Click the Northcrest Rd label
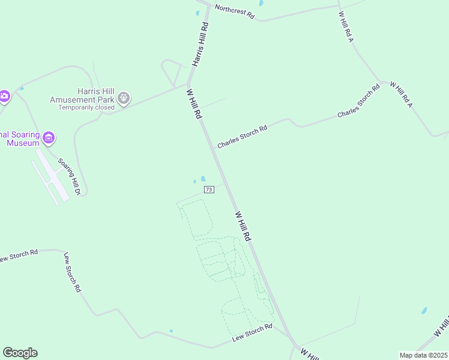click(235, 12)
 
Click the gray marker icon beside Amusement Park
click(124, 97)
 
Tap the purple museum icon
click(49, 138)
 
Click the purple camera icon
click(4, 96)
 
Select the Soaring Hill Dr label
click(69, 176)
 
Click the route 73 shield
click(208, 190)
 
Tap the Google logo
click(20, 352)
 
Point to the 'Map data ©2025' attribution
click(423, 355)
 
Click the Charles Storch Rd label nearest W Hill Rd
click(242, 137)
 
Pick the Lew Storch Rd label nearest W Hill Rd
click(252, 335)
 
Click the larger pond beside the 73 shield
click(203, 178)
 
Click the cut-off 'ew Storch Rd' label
click(19, 256)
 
